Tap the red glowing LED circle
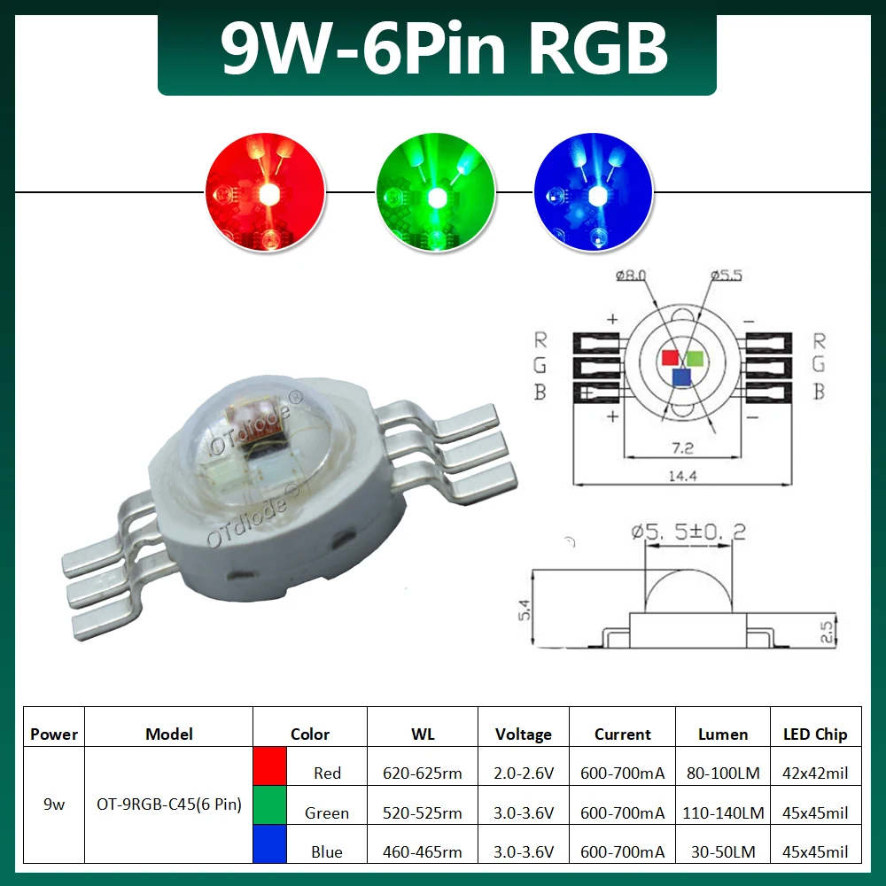(264, 192)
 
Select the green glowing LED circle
(434, 192)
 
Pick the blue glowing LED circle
(593, 192)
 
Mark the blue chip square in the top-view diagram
(680, 378)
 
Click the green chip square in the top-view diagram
(695, 358)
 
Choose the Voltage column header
(523, 734)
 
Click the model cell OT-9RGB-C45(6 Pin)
(168, 805)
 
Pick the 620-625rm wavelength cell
(422, 773)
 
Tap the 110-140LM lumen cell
(723, 812)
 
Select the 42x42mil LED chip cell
(815, 773)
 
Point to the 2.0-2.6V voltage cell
(523, 773)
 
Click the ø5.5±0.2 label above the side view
(688, 532)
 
